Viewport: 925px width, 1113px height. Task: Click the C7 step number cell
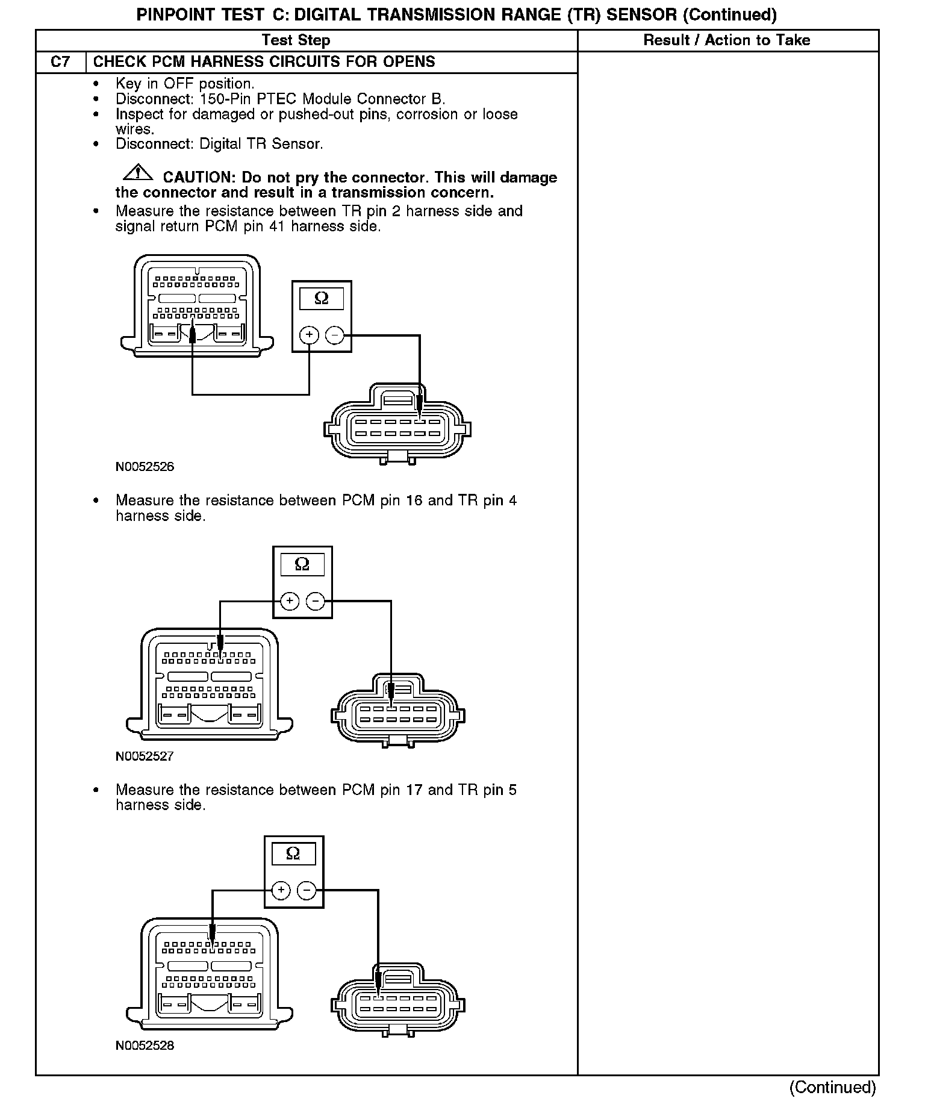(60, 62)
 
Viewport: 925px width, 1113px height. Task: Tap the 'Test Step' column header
(296, 40)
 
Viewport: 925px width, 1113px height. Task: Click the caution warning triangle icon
(137, 172)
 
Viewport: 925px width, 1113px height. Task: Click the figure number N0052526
(145, 467)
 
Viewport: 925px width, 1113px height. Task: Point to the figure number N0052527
(145, 756)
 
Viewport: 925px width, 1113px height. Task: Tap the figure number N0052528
(145, 1046)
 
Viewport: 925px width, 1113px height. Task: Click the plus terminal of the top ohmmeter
(309, 335)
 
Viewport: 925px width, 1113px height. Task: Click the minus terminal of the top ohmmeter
(334, 335)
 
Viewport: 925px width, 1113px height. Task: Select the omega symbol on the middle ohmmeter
(302, 564)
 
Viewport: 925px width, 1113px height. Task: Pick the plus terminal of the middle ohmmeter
(290, 600)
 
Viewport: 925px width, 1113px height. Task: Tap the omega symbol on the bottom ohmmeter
(293, 853)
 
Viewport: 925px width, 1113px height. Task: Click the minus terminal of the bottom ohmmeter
(307, 890)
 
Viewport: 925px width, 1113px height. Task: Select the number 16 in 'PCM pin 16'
(414, 500)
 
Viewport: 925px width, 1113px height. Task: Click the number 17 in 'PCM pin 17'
(414, 790)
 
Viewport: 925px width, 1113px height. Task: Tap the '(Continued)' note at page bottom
(833, 1087)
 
